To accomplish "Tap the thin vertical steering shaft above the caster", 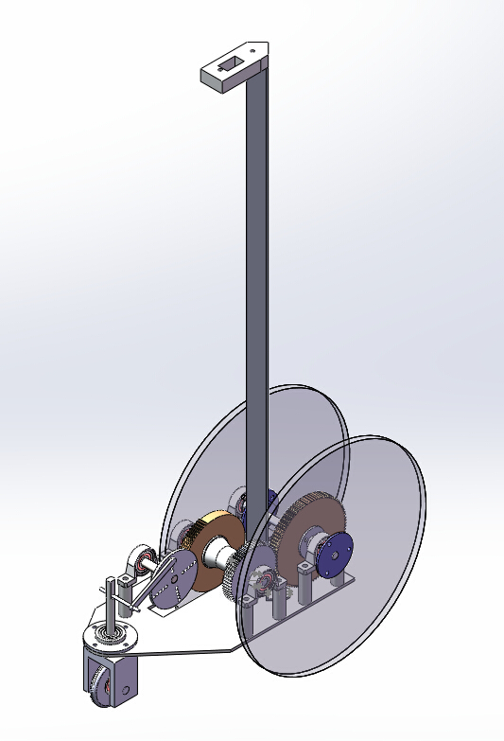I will [112, 606].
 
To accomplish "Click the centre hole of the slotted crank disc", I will [171, 589].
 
